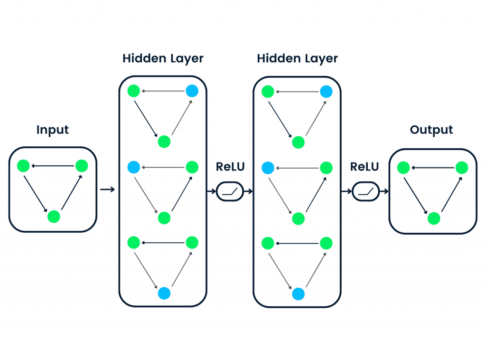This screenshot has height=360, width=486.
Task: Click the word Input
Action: (x=53, y=130)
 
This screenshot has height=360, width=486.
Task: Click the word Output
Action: (x=432, y=130)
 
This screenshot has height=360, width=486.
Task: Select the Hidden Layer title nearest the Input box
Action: (x=163, y=58)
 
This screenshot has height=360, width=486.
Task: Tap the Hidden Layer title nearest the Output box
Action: (x=297, y=58)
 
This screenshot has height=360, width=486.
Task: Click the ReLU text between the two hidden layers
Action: (x=230, y=167)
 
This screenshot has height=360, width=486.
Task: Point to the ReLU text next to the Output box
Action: (x=364, y=167)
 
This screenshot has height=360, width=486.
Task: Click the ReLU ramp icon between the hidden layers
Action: (x=230, y=192)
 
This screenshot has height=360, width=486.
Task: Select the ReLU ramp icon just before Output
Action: (x=366, y=192)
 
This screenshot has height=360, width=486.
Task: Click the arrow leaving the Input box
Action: (x=107, y=190)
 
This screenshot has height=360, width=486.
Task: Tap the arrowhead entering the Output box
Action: (x=386, y=192)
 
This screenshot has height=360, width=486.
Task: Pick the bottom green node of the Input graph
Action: (x=54, y=217)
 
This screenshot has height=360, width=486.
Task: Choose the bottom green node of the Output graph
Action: (x=434, y=218)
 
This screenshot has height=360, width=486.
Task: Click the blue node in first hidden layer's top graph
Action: (x=192, y=91)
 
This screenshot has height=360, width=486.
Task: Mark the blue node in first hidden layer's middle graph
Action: (x=134, y=167)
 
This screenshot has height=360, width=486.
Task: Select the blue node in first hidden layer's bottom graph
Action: (x=164, y=294)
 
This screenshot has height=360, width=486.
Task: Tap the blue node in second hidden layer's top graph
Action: (x=326, y=91)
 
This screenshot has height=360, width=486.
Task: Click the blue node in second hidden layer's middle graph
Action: (x=268, y=168)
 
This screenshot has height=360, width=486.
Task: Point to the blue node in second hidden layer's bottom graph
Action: (x=298, y=294)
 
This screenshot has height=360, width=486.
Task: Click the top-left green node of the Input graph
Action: (x=23, y=166)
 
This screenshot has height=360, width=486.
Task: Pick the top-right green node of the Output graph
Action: (x=462, y=168)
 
